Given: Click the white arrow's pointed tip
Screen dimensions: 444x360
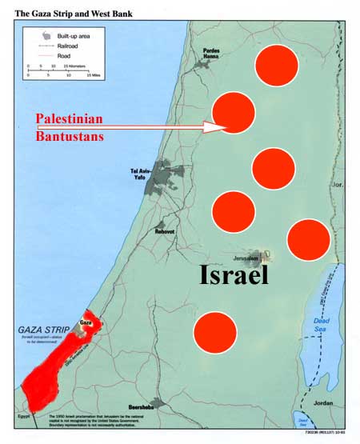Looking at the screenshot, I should (225, 126).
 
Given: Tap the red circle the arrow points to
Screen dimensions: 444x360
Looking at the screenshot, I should (233, 113).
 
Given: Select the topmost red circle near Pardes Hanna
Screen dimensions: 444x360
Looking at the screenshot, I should (276, 67).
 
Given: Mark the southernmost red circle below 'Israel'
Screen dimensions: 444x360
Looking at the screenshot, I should (216, 332).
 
